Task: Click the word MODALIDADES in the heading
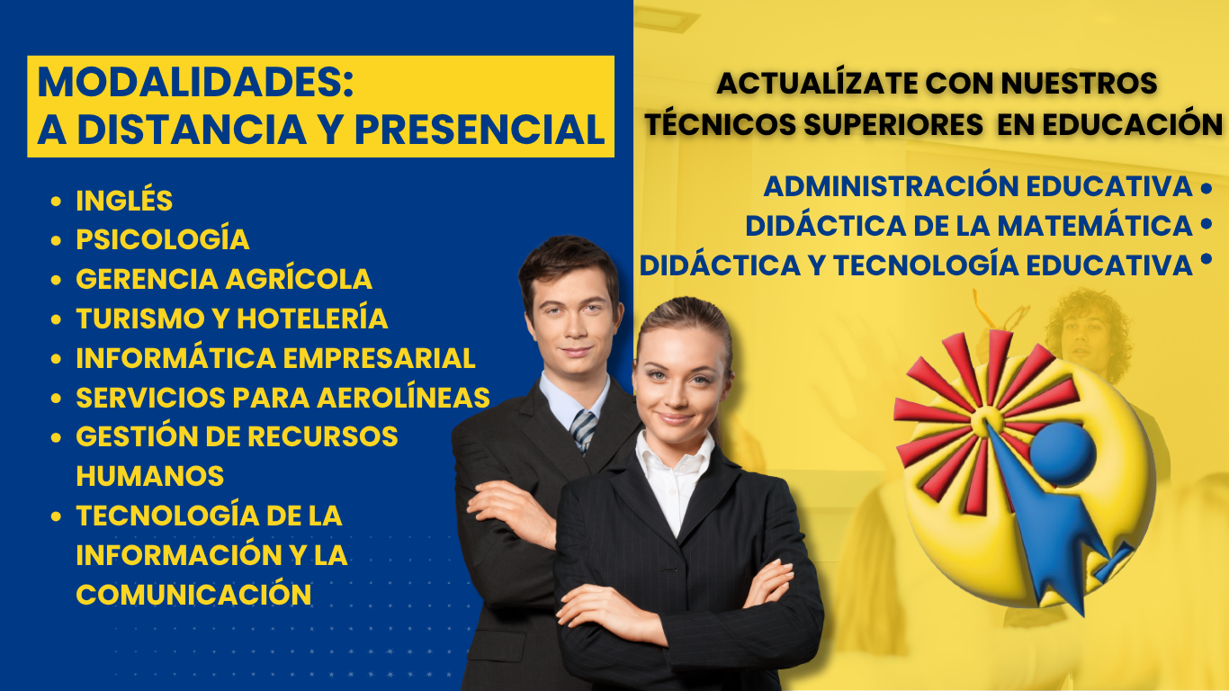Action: pyautogui.click(x=195, y=83)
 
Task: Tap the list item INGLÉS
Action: pyautogui.click(x=124, y=200)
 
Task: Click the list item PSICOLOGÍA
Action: pyautogui.click(x=163, y=239)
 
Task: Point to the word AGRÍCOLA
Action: pyautogui.click(x=299, y=278)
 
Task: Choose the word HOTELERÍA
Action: pyautogui.click(x=312, y=319)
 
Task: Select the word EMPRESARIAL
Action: pyautogui.click(x=379, y=358)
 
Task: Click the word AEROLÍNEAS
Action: pyautogui.click(x=403, y=398)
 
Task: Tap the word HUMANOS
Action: pyautogui.click(x=149, y=476)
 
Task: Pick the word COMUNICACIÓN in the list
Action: pyautogui.click(x=193, y=595)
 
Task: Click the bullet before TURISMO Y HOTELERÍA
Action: pyautogui.click(x=56, y=319)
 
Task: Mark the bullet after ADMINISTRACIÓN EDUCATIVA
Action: pyautogui.click(x=1207, y=188)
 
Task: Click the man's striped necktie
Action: pyautogui.click(x=583, y=430)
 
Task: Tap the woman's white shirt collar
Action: pyautogui.click(x=674, y=450)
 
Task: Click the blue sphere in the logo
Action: pyautogui.click(x=1063, y=454)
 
